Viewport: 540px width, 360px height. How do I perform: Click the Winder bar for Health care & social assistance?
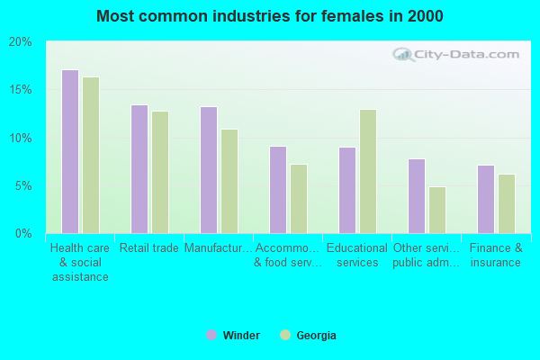coord(69,151)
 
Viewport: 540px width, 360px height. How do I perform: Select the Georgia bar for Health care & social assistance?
coord(91,155)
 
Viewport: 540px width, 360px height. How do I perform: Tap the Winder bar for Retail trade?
coord(139,169)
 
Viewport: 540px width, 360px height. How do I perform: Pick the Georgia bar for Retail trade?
coord(160,172)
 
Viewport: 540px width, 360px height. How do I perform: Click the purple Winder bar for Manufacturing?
coord(208,170)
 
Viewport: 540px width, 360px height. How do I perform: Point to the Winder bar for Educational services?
coord(346,190)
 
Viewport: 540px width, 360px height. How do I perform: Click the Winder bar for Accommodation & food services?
coord(277,190)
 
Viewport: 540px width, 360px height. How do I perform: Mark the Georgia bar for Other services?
coord(437,210)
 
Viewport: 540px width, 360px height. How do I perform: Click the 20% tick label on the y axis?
coord(20,42)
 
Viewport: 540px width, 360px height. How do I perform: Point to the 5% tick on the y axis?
coord(22,186)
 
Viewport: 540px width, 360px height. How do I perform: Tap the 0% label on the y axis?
coord(22,234)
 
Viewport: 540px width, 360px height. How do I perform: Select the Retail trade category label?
coord(149,248)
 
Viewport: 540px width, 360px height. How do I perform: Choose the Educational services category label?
coord(357,256)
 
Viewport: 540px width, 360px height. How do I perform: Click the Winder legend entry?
coord(233,336)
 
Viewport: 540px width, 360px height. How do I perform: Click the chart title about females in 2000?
coord(270,16)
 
